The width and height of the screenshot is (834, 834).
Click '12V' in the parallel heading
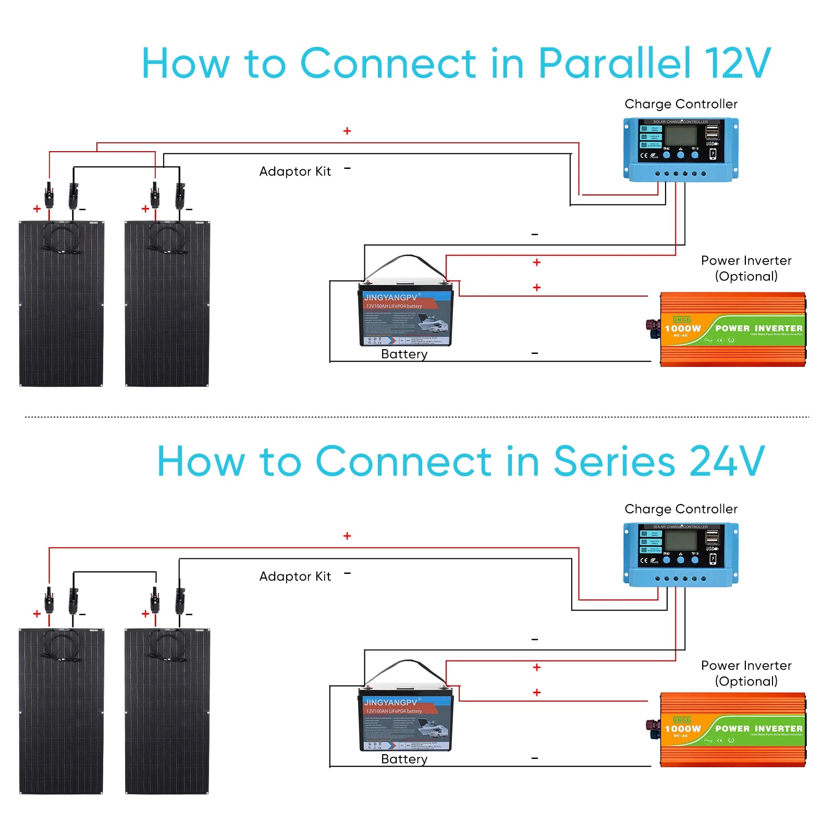[737, 64]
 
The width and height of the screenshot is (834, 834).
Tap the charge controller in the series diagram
[681, 555]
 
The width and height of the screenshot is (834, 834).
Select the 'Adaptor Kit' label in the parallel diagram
[295, 171]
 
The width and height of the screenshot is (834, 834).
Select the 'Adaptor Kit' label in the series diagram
[295, 577]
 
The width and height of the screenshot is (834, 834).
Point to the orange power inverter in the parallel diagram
[732, 329]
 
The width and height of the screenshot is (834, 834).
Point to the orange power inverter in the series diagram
[732, 730]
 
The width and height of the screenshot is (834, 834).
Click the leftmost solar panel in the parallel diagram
[62, 304]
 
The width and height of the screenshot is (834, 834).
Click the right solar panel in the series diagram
[167, 712]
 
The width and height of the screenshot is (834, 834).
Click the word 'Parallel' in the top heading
[615, 64]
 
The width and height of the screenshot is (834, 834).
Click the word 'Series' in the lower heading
[615, 461]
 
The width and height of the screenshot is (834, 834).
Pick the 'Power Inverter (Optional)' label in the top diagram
[746, 268]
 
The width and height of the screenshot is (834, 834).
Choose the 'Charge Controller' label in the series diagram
[681, 509]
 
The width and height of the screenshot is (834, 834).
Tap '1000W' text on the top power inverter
[683, 328]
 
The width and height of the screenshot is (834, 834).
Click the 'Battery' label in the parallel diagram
[404, 354]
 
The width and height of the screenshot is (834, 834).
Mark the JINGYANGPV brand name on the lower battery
[390, 703]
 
